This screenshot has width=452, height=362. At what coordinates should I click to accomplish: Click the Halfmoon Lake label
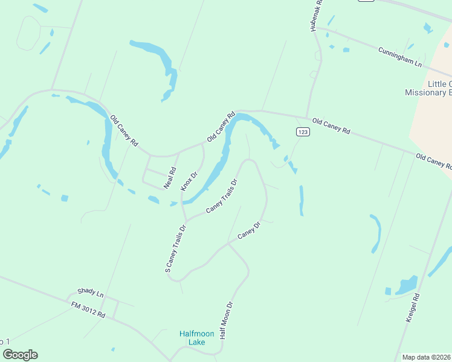pos(193,338)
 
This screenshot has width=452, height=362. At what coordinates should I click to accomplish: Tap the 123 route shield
pos(303,132)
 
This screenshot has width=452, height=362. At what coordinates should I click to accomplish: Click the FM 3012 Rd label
pos(88,310)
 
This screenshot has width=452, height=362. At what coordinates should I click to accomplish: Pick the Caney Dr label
pos(249,230)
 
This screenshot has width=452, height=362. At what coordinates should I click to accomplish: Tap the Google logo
pos(20,355)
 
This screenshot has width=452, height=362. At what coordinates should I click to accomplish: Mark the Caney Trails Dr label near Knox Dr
pos(222,196)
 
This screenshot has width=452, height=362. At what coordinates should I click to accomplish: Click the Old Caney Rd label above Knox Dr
pos(221,127)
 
